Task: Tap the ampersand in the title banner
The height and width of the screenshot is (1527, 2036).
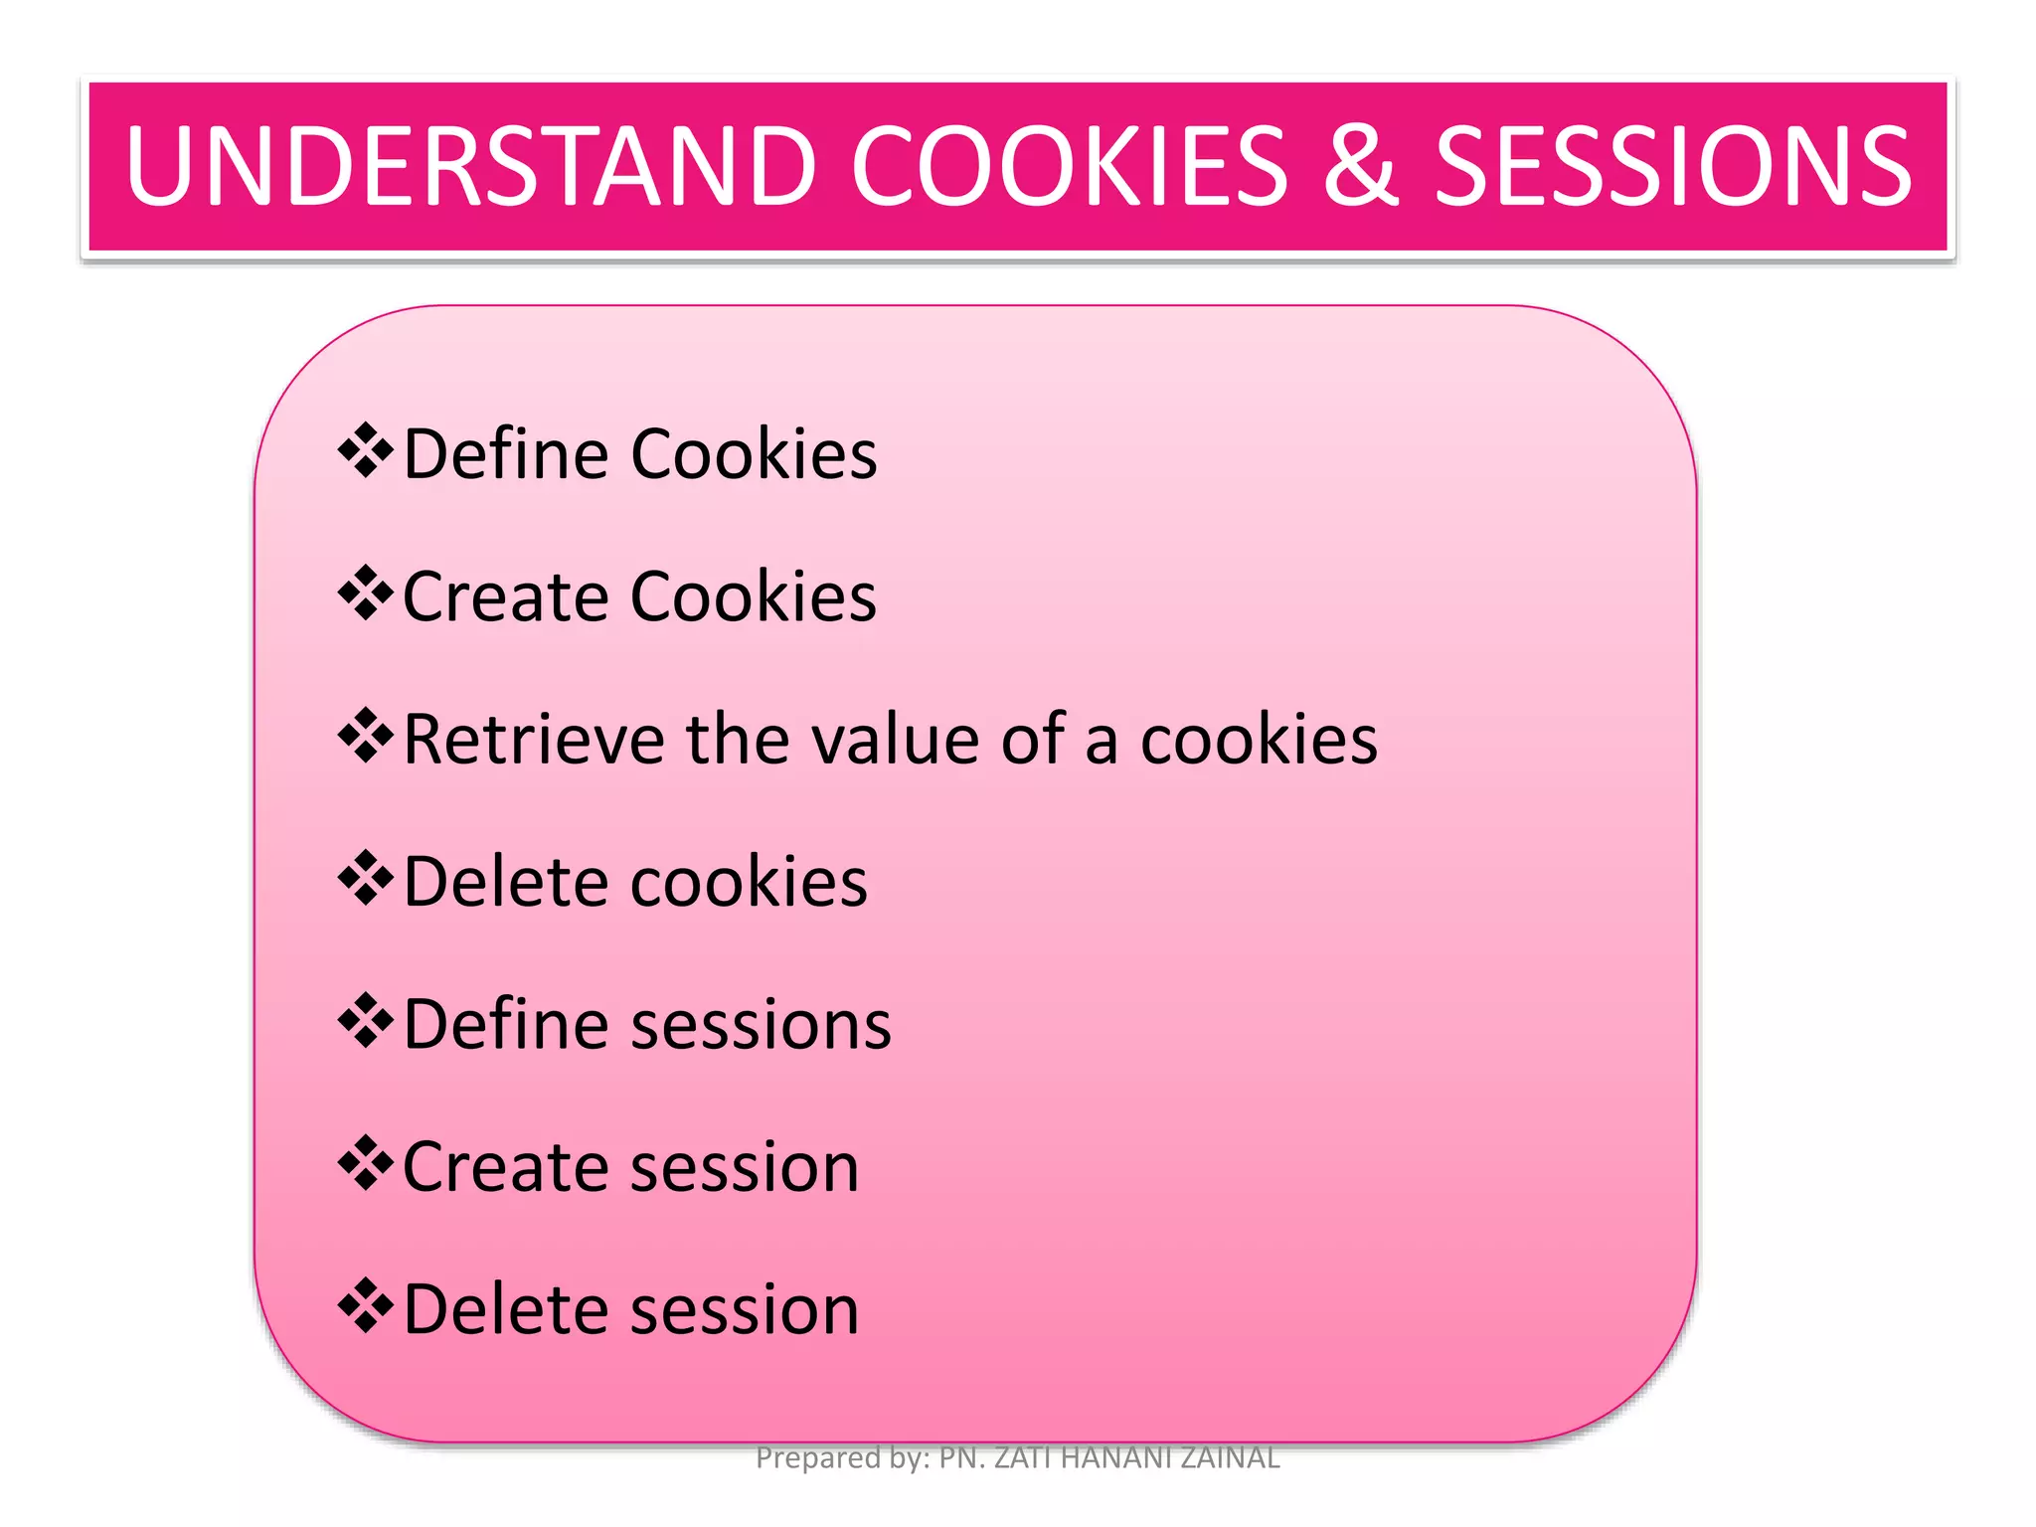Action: [x=1361, y=166]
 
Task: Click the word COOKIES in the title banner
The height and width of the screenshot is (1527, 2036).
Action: [x=1069, y=166]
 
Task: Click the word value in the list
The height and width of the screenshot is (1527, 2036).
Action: [x=896, y=740]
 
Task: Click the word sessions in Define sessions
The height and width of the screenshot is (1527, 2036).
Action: [x=761, y=1025]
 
